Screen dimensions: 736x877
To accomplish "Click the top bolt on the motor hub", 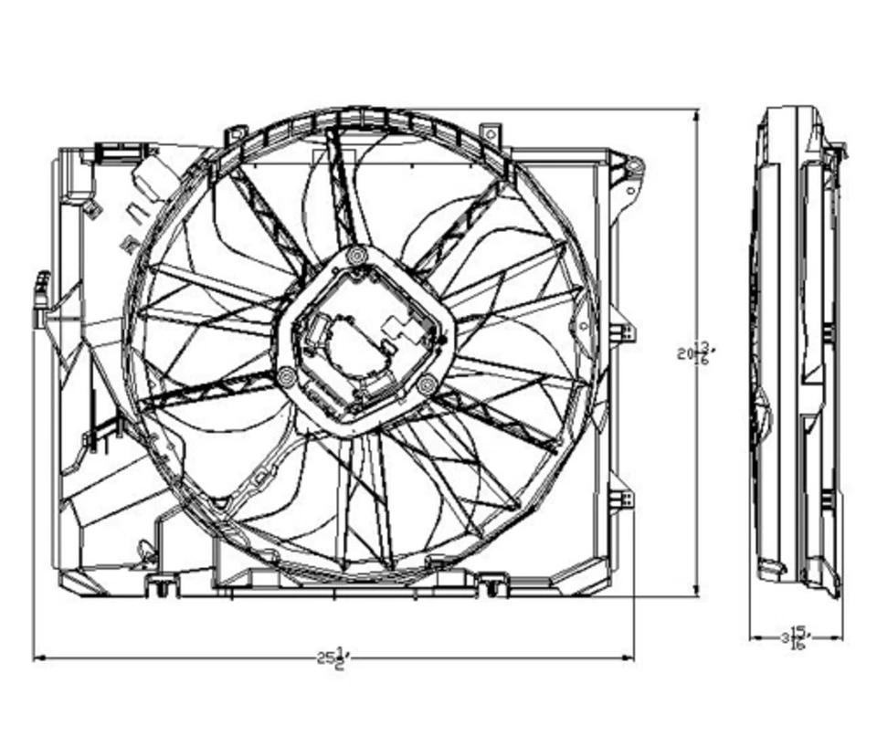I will point(356,257).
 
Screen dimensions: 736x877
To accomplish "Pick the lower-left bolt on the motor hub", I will point(287,375).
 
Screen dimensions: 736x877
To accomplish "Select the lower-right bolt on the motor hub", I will point(426,384).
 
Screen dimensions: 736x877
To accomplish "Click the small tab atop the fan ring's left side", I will point(235,133).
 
